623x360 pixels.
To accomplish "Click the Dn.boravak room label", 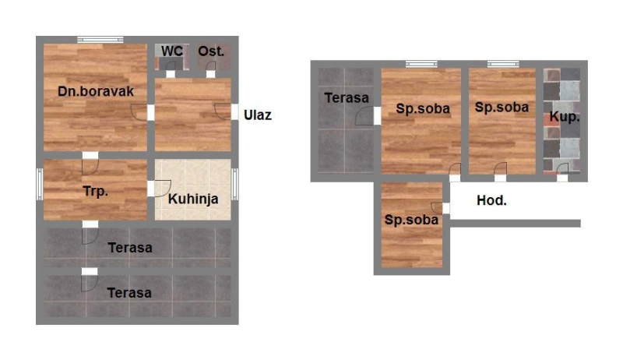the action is point(96,91).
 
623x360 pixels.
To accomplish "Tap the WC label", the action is point(171,51).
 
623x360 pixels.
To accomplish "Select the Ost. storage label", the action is point(211,51).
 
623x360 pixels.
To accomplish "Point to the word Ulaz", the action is point(258,115).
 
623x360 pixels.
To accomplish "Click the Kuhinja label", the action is point(193,199).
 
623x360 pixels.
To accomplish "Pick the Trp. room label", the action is point(95,192).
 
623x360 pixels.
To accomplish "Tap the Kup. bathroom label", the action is point(565,117).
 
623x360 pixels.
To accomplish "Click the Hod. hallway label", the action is point(491,200).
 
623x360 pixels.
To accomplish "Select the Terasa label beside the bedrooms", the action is point(347,97).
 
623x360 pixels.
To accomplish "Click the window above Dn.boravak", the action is point(100,39).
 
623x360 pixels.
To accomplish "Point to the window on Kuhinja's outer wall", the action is point(235,184).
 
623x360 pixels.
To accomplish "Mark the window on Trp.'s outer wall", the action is point(40,184).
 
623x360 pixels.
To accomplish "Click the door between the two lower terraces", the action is point(90,280).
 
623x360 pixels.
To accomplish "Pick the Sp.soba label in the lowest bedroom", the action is point(411,220).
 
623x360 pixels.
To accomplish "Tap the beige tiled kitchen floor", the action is point(192,189).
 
